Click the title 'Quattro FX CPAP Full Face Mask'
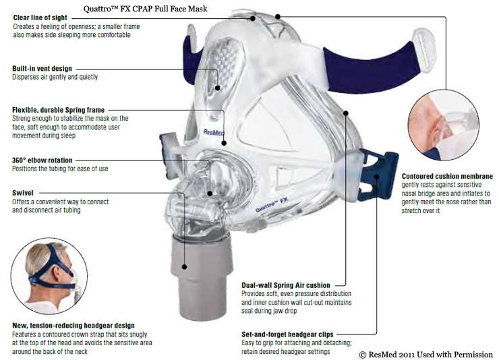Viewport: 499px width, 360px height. coord(145,9)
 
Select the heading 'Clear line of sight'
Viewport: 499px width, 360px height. coord(40,18)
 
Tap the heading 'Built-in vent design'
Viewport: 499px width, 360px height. coord(42,68)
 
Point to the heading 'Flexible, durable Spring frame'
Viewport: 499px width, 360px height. coord(58,110)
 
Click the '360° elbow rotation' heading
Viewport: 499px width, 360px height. coord(42,160)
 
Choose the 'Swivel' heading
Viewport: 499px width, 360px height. coord(23,193)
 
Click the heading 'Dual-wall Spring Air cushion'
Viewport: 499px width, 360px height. coord(286,285)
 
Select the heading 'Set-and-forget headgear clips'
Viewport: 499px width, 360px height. coord(287,334)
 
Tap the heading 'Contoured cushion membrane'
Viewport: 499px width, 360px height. coord(447,176)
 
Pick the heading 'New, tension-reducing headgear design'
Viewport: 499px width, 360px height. coord(74,326)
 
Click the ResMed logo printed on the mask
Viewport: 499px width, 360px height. coord(214,132)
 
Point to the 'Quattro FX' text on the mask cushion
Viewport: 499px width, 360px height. coord(272,204)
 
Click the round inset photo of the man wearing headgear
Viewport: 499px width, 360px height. coord(49,276)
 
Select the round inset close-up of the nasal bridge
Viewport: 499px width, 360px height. coord(443,125)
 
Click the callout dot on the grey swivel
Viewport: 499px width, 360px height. coord(184,267)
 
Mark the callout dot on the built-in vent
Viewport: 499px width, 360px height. coord(218,88)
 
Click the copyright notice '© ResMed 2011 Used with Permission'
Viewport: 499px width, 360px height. coord(425,355)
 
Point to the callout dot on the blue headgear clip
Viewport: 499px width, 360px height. coord(376,177)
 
